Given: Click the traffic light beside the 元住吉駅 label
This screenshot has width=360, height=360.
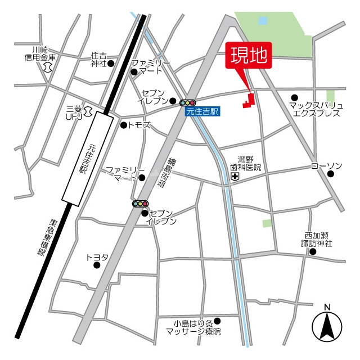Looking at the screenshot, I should [187, 103].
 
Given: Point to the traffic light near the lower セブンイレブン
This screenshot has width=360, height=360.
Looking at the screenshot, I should [140, 204].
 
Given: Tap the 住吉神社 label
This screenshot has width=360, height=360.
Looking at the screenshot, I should [98, 60].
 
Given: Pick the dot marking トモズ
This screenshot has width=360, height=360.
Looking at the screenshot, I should [124, 125].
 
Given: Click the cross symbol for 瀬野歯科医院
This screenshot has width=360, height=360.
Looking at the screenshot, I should [235, 177].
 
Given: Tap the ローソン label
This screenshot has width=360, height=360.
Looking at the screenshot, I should [327, 166].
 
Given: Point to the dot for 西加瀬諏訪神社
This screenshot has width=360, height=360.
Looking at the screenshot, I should [313, 251].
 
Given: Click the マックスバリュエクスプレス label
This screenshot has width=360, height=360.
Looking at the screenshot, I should [315, 109].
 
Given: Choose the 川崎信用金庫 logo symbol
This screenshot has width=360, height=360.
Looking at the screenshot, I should [47, 67].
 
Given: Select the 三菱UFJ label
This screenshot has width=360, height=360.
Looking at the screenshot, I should [74, 112].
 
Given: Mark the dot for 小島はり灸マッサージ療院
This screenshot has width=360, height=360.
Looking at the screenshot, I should [218, 321].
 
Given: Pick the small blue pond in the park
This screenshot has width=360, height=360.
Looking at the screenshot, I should [262, 21].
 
